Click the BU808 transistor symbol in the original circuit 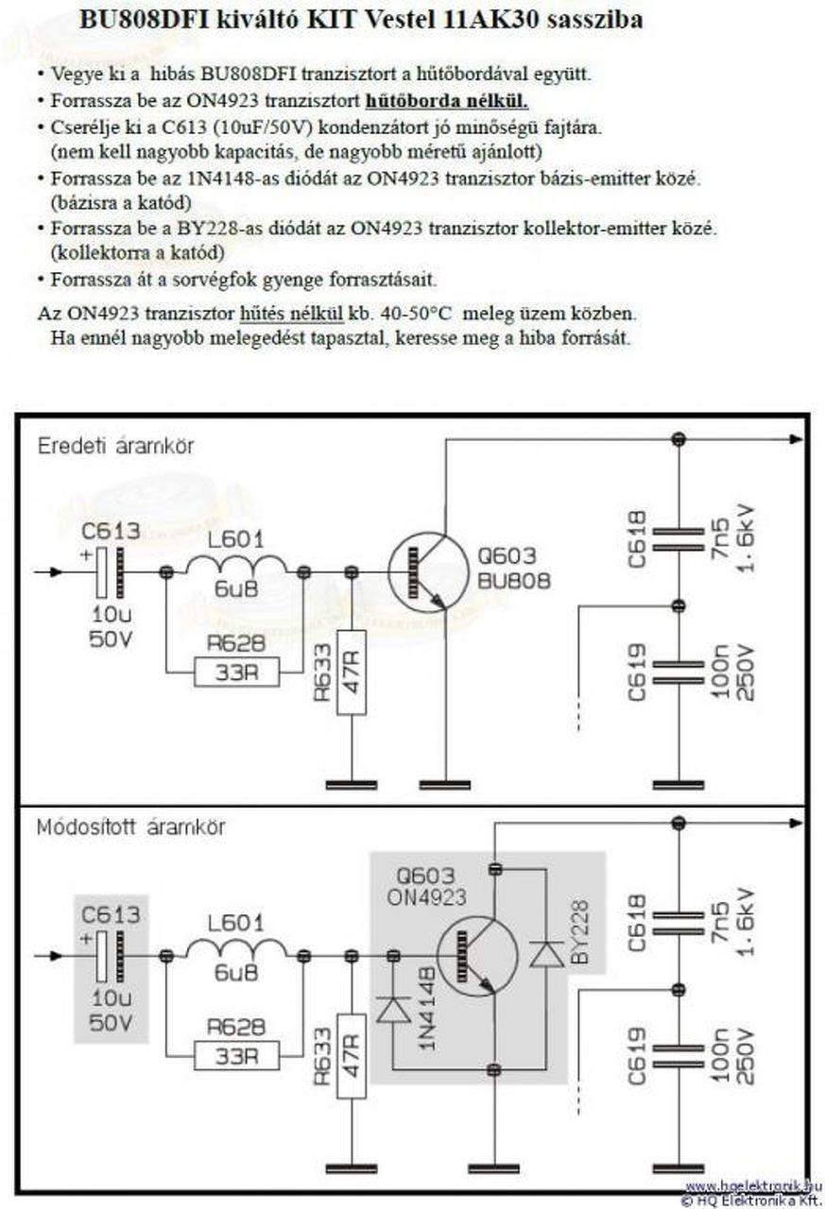coord(427,572)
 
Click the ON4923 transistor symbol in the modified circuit coord(476,957)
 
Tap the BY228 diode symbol coord(546,954)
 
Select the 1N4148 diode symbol coord(394,1009)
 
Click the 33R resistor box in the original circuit coord(237,672)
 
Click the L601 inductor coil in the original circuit coord(237,564)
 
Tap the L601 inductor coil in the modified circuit coord(237,948)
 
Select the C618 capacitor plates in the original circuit coord(679,539)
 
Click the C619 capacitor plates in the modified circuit coord(679,1056)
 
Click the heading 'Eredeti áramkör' coord(115,447)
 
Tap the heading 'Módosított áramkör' coord(130,827)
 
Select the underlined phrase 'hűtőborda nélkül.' coord(447,101)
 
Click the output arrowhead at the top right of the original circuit coord(797,439)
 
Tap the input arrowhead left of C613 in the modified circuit coord(56,956)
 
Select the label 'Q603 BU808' coord(513,568)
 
